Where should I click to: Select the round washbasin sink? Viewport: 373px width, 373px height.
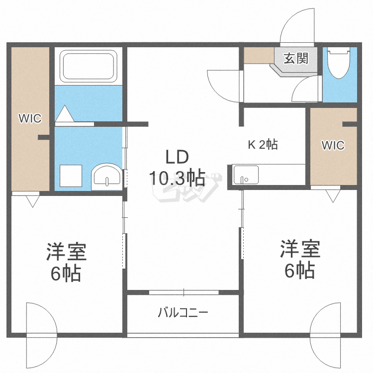106,176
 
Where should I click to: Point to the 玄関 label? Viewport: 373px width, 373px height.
296,59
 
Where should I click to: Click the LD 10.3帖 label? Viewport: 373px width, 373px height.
176,168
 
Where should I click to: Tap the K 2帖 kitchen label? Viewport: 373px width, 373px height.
263,145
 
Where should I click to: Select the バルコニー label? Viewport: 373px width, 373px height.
183,313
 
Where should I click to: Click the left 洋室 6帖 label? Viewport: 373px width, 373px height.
66,262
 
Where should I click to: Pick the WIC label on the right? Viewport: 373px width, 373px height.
333,145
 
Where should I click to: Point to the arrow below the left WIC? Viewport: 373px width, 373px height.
33,200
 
